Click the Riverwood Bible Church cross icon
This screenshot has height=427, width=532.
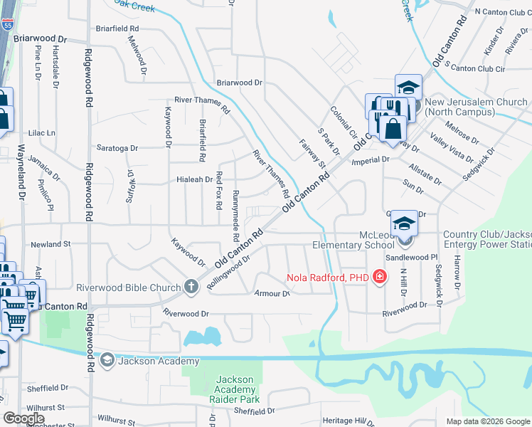191,288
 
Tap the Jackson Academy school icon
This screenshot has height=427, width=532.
107,360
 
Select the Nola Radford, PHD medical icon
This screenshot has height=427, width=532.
380,276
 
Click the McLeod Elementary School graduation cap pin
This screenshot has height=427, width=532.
403,225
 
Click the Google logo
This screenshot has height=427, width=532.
23,418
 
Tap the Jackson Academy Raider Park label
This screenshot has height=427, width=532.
235,389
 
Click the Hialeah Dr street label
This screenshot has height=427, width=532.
194,180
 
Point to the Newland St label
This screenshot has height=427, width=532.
51,243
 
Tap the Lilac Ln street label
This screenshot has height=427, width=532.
41,133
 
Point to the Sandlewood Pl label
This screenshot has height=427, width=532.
411,257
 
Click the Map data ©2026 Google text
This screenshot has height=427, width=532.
488,421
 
